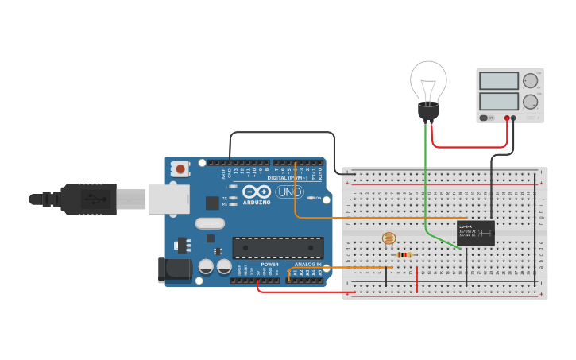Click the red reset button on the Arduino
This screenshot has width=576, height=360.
pos(181,168)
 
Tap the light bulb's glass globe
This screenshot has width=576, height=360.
pos(428,79)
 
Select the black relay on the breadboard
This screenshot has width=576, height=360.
pos(476,233)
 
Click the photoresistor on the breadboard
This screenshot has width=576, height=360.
pos(389,238)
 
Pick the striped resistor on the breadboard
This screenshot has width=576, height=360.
pos(404,255)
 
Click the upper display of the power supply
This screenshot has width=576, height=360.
pos(499,80)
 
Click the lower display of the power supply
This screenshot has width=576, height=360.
pos(499,101)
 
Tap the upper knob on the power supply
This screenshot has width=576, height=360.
pos(530,80)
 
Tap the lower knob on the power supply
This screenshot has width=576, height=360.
pos(530,102)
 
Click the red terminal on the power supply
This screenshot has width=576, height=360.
pos(507,118)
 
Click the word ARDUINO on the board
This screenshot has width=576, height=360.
pos(257,202)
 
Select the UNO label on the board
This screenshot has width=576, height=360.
pos(290,192)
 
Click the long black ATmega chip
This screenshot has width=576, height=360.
pos(277,248)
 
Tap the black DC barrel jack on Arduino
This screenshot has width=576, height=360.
pos(175,269)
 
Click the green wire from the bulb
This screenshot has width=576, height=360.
pos(426,183)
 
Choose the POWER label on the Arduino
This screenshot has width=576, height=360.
pos(269,264)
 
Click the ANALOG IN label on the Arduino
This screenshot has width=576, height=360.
pos(307,264)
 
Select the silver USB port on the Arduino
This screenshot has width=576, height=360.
pos(168,199)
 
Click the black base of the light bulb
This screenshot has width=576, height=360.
pos(428,112)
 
